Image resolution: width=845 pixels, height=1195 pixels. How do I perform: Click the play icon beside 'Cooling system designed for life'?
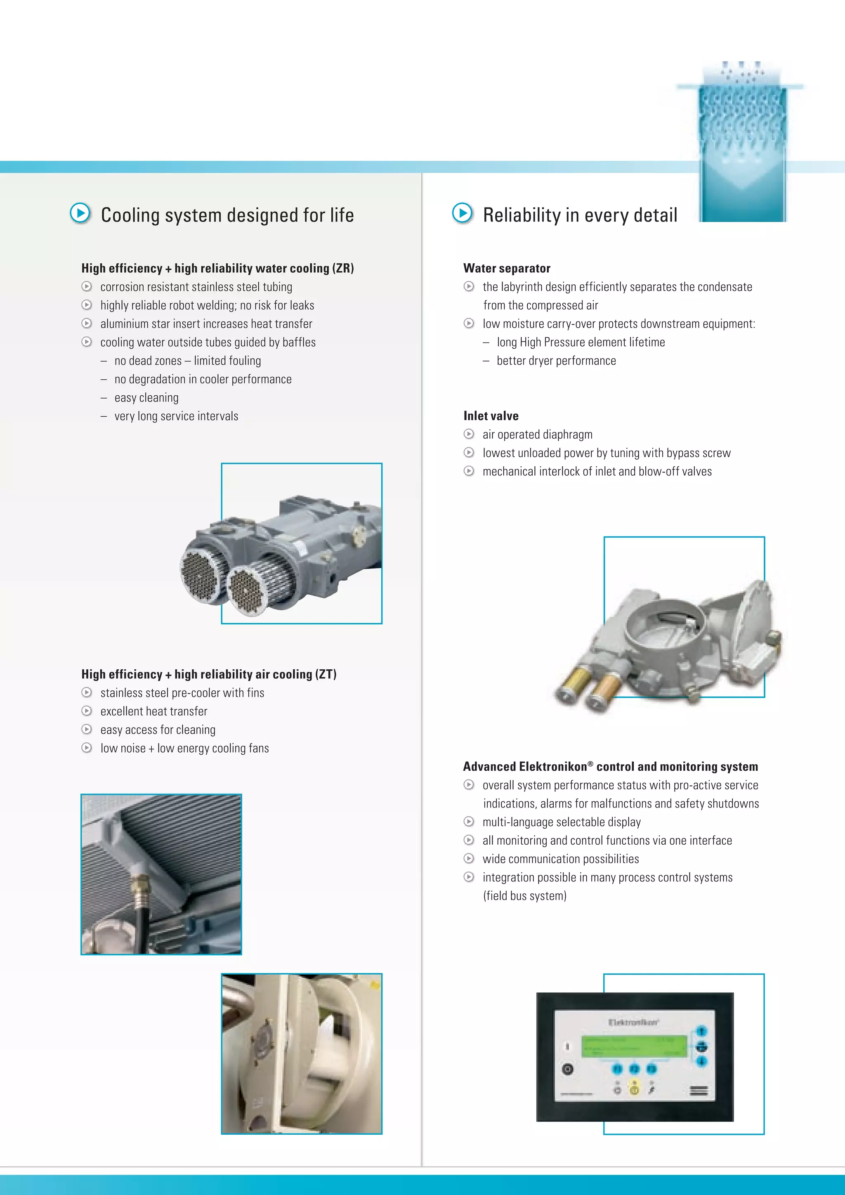(80, 213)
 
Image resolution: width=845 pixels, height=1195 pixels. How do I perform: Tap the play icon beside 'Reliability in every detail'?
(463, 213)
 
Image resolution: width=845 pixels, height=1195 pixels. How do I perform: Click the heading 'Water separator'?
(507, 268)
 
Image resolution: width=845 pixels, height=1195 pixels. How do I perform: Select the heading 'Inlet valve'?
(491, 416)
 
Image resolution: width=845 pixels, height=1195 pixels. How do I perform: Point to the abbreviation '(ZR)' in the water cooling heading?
(343, 268)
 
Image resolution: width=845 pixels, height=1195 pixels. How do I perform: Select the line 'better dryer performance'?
(556, 361)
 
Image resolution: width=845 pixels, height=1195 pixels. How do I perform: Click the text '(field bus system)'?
(524, 896)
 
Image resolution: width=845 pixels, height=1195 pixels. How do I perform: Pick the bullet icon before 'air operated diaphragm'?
(469, 434)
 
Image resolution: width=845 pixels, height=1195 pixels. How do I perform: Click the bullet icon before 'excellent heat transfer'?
(87, 711)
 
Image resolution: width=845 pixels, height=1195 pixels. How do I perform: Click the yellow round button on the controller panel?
(634, 1090)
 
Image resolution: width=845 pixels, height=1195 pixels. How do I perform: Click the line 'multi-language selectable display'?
(562, 822)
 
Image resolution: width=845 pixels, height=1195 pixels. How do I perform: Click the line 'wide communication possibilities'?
(560, 859)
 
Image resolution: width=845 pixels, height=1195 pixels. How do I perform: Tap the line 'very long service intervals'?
(177, 416)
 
